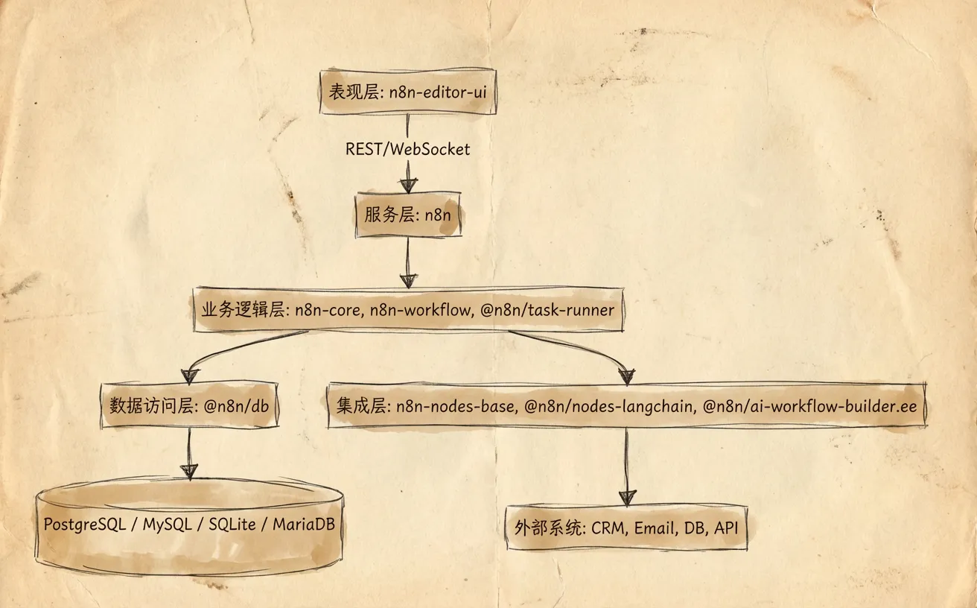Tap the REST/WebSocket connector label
[407, 149]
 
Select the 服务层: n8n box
[408, 216]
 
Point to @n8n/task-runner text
[547, 309]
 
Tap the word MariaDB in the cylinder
[303, 524]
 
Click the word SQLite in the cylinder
[232, 524]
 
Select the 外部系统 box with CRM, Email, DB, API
[626, 528]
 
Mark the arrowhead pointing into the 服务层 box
[408, 184]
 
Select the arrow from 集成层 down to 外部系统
[627, 466]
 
